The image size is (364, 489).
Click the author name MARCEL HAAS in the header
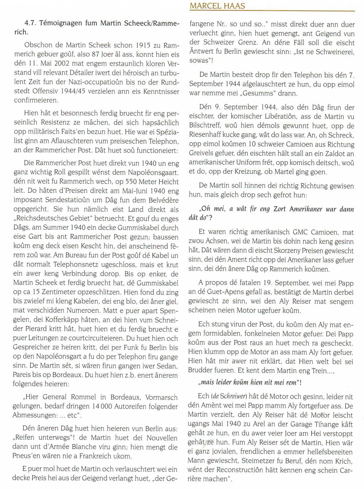click(213, 6)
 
